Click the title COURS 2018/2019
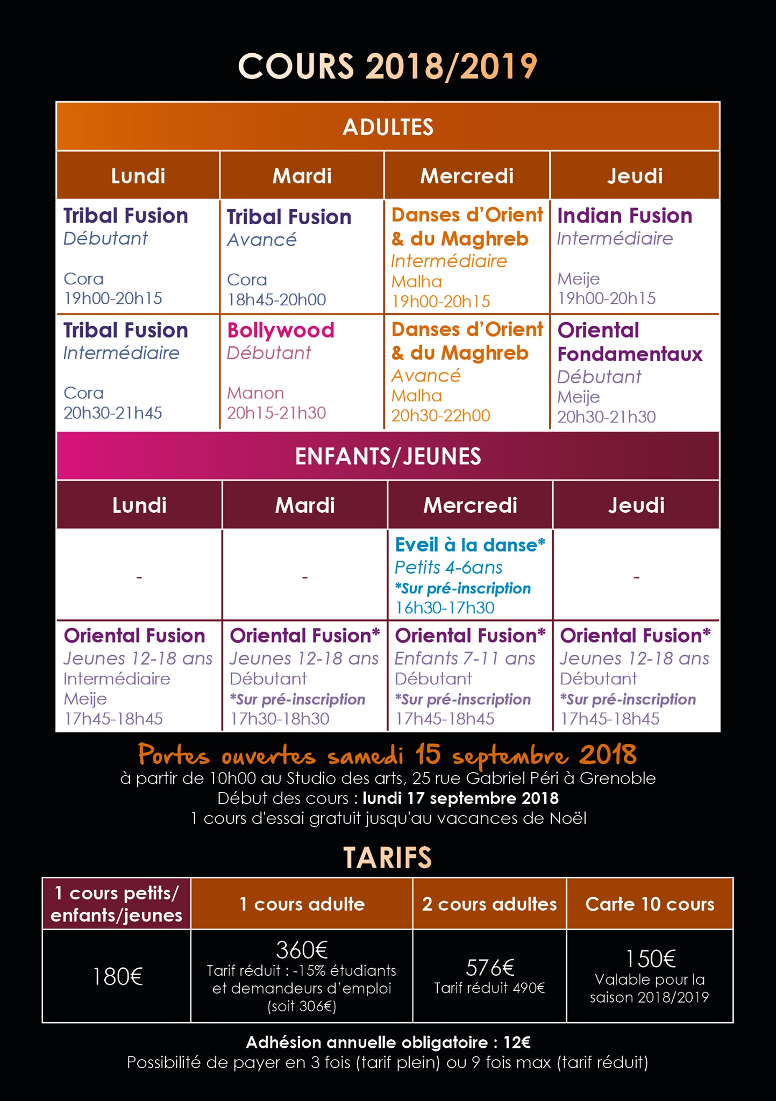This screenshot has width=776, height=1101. tap(387, 67)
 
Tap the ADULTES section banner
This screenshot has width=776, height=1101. tap(388, 127)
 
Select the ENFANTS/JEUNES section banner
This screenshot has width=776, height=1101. tap(388, 456)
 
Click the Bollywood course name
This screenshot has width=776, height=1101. tap(281, 330)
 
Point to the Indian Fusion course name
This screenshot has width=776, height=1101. tap(624, 216)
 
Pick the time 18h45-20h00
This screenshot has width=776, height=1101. tap(276, 299)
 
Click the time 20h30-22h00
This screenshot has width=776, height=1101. tap(440, 416)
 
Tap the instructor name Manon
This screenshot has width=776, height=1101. tap(255, 393)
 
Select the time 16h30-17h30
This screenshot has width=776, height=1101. tap(445, 607)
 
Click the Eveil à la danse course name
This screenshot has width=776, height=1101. tap(470, 545)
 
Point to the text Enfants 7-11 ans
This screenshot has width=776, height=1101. tap(465, 659)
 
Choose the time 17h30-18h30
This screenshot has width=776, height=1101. tap(280, 719)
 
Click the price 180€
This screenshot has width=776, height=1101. tap(117, 976)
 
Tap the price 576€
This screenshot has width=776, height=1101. tap(490, 968)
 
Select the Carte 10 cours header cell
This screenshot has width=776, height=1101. tap(650, 904)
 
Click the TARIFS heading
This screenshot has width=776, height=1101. tap(387, 857)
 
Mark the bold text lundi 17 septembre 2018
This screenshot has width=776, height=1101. tap(461, 798)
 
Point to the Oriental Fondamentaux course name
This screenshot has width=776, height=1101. tap(630, 342)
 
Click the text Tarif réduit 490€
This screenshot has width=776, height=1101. tap(489, 988)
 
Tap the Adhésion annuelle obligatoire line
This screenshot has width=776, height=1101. tap(388, 1042)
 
